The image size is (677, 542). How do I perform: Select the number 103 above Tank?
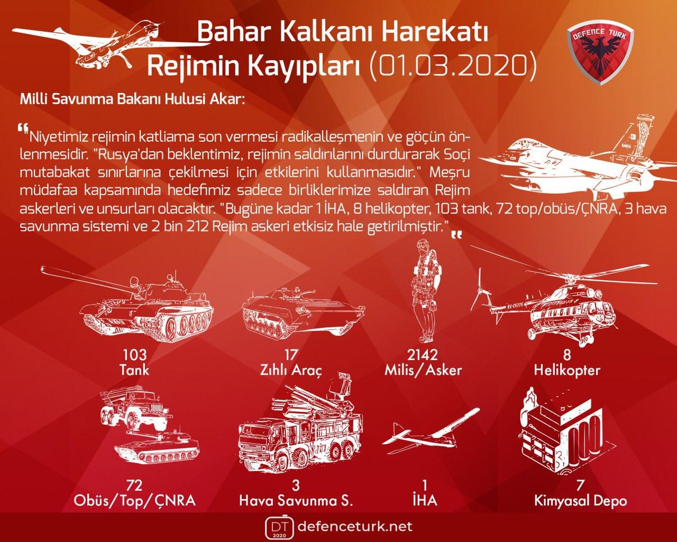(x=134, y=355)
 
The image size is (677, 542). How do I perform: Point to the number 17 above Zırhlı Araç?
(x=290, y=355)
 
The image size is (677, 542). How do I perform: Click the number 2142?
(x=423, y=355)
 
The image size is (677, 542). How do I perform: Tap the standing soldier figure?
(x=427, y=291)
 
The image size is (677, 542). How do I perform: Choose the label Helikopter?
(x=567, y=371)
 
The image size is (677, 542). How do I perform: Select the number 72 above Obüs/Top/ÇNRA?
(x=134, y=485)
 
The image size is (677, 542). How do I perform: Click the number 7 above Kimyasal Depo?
(x=580, y=485)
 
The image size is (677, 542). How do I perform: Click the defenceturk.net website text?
(x=354, y=527)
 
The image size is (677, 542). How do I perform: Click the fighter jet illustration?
(x=575, y=157)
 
